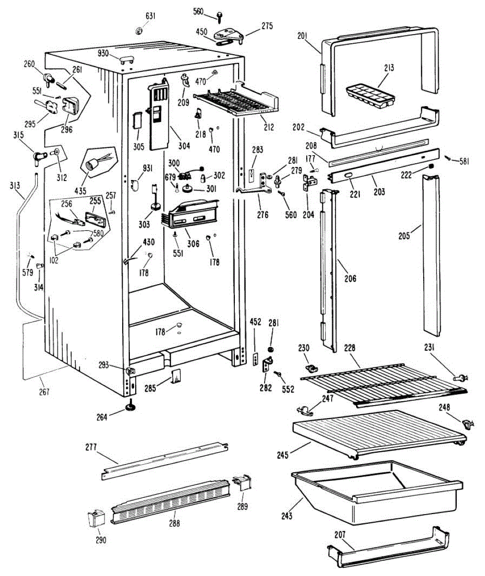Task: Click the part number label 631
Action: pyautogui.click(x=150, y=16)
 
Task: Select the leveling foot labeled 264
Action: pyautogui.click(x=130, y=407)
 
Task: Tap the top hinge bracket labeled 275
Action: pyautogui.click(x=230, y=35)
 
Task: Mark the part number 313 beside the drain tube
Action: pyautogui.click(x=15, y=185)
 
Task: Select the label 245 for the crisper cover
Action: pyautogui.click(x=283, y=455)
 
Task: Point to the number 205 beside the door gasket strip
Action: pyautogui.click(x=404, y=236)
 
